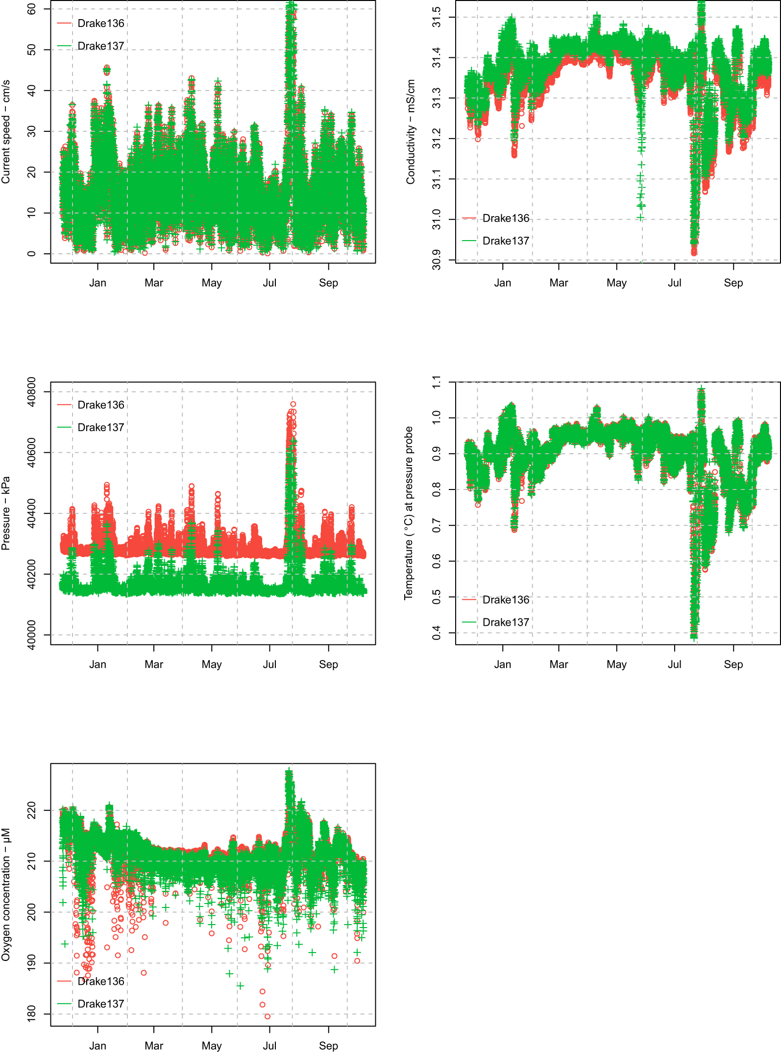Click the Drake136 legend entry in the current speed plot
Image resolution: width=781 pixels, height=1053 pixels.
100,24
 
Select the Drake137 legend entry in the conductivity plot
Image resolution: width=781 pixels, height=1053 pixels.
506,241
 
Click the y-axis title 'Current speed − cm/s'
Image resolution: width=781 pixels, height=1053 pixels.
6,132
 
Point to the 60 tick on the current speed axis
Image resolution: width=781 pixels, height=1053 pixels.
31,9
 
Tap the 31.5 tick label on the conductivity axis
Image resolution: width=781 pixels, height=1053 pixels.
436,17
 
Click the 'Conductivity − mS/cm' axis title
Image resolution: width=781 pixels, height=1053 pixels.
411,132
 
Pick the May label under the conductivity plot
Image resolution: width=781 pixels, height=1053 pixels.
616,283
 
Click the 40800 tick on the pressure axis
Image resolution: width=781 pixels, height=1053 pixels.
31,392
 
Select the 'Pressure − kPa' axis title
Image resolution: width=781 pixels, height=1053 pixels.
6,513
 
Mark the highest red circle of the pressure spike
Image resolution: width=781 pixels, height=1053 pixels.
293,405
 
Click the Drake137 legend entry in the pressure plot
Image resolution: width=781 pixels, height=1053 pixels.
100,427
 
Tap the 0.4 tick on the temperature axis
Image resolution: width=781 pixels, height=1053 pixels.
436,633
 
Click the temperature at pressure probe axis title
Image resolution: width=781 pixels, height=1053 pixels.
409,513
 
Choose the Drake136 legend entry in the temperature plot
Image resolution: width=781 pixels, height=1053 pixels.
506,600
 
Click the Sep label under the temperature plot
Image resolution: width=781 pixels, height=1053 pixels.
733,664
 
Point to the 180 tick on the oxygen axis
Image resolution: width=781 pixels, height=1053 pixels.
31,1014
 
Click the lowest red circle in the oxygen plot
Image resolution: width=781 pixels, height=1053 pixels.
268,1016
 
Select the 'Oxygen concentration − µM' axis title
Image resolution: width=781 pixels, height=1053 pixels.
6,894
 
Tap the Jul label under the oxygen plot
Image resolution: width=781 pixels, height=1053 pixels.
269,1046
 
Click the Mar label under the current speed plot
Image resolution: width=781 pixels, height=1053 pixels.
154,283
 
